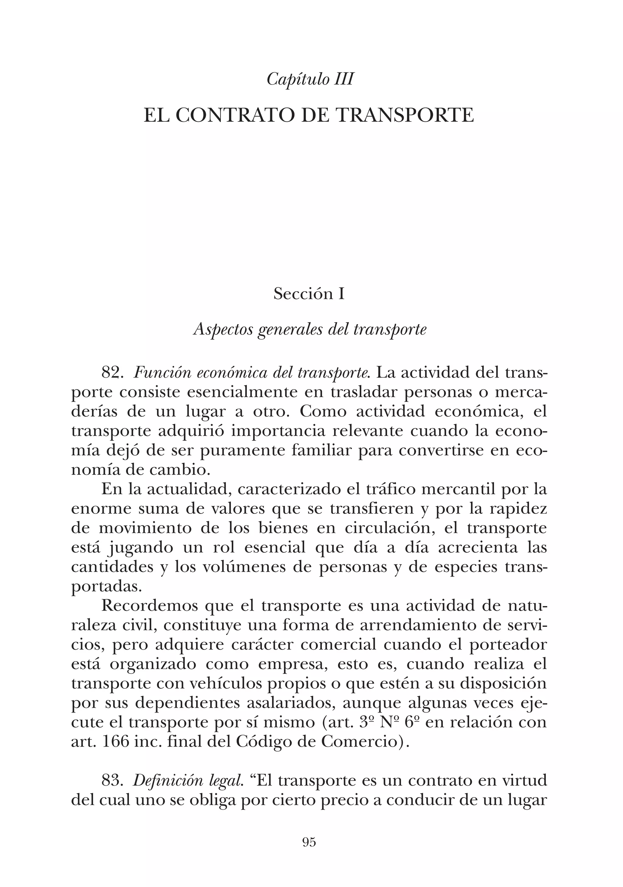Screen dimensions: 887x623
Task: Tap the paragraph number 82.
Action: point(112,373)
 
